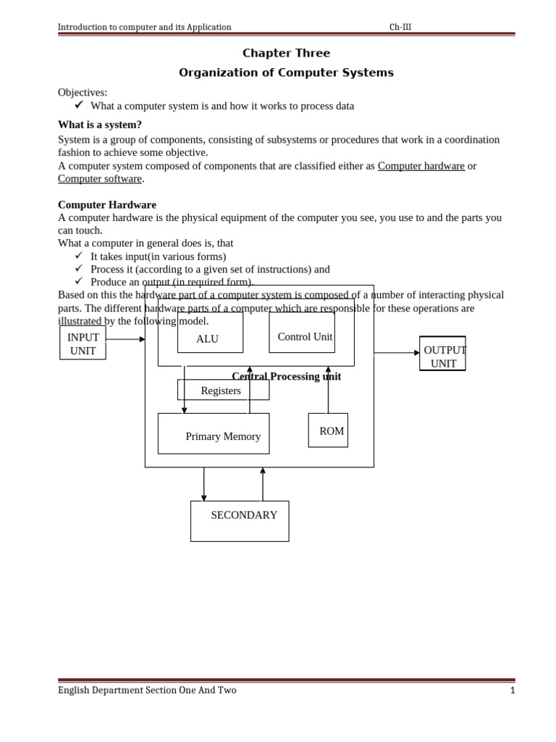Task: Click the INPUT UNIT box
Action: [83, 343]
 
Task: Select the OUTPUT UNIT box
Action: [442, 354]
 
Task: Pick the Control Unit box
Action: [302, 333]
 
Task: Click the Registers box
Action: [223, 390]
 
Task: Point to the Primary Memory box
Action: [214, 433]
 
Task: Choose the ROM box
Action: [328, 430]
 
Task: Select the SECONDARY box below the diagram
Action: [240, 521]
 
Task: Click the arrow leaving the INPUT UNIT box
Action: [125, 339]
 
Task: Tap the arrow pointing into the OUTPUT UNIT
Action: [397, 353]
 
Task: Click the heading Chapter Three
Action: [286, 53]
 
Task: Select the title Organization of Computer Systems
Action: [286, 72]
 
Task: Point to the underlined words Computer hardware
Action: [421, 166]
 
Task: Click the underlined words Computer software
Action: [100, 179]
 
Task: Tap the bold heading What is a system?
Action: [100, 125]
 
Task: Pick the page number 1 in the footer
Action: [513, 691]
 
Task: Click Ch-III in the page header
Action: [400, 28]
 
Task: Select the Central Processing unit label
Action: [286, 377]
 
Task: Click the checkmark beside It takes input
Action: [79, 256]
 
